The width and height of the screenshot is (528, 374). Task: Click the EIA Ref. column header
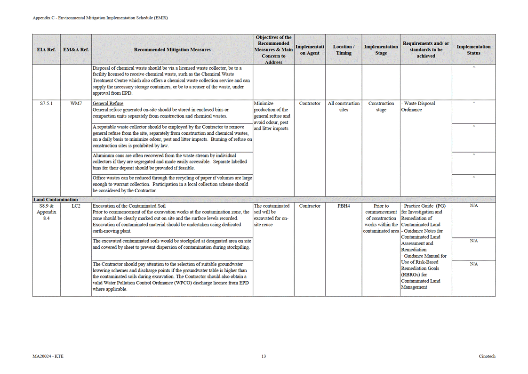pos(46,49)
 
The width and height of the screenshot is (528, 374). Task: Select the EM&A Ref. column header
pos(76,49)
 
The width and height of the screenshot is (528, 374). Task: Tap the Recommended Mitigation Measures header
pos(172,49)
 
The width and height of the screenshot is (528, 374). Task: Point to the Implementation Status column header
pos(473,49)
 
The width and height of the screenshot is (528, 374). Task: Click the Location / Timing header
pos(344,49)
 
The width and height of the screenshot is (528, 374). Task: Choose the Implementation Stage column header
pos(381,49)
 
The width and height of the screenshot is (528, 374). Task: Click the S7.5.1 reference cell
pos(46,103)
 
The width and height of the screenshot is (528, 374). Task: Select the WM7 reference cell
pos(76,103)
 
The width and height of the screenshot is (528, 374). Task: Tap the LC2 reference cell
pos(76,206)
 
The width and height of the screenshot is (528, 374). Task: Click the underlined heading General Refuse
pos(108,103)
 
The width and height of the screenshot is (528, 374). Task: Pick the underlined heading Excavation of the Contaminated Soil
pos(129,206)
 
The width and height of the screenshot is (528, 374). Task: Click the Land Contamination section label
pos(56,200)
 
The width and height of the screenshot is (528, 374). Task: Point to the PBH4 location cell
pos(344,206)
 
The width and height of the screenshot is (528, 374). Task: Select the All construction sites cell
pos(344,106)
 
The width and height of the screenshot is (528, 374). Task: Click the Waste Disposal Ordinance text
pos(419,106)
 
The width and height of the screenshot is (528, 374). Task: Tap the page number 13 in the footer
pos(264,356)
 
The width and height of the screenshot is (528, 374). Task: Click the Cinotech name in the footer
pos(487,356)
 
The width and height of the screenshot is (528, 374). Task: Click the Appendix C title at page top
pos(100,18)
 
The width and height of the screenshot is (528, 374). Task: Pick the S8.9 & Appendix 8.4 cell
pos(46,212)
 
